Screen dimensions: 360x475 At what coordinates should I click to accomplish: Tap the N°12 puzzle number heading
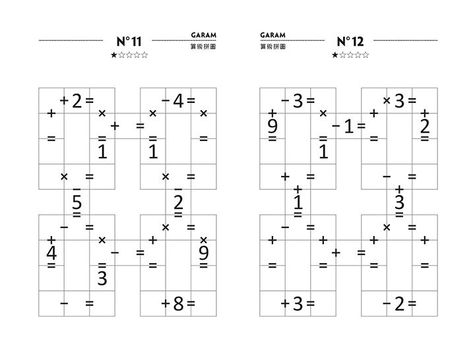[350, 42]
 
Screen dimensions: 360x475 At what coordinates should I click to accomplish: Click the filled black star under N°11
[113, 55]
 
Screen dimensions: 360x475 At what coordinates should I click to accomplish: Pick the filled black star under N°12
[334, 55]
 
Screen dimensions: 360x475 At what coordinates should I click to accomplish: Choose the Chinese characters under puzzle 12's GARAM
[272, 46]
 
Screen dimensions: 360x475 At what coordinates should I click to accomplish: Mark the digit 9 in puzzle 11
[203, 253]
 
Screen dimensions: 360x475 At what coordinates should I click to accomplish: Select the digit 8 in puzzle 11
[177, 304]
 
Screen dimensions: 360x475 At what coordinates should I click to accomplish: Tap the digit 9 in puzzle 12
[272, 125]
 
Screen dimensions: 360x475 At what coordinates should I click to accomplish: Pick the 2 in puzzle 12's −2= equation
[399, 304]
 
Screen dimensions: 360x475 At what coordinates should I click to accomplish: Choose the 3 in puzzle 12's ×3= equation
[399, 101]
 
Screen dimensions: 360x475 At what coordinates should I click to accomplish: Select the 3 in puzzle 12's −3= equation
[298, 101]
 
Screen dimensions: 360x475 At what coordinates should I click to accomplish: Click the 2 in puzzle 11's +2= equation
[77, 101]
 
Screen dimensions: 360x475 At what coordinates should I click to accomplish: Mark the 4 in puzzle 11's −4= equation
[178, 101]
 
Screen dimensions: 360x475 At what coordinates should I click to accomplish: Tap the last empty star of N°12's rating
[366, 55]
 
